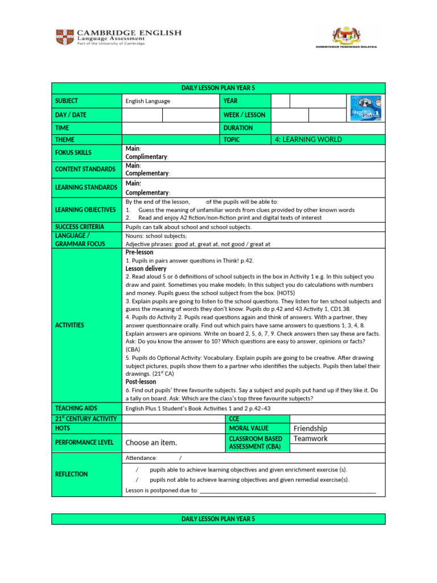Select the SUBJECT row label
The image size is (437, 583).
67,101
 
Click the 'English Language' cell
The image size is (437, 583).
148,101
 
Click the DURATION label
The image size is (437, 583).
238,128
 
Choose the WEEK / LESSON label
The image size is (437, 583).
245,115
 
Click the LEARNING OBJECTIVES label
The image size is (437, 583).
85,210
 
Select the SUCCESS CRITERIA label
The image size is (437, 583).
80,227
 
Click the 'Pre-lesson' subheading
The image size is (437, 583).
139,252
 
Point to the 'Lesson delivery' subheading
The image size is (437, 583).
146,268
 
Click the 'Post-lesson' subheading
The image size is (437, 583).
141,382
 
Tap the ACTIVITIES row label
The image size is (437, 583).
70,325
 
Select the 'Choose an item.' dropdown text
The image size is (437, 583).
151,442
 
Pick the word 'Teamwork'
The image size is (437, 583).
311,438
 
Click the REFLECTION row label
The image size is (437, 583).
71,474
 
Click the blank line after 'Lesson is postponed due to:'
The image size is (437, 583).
287,490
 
